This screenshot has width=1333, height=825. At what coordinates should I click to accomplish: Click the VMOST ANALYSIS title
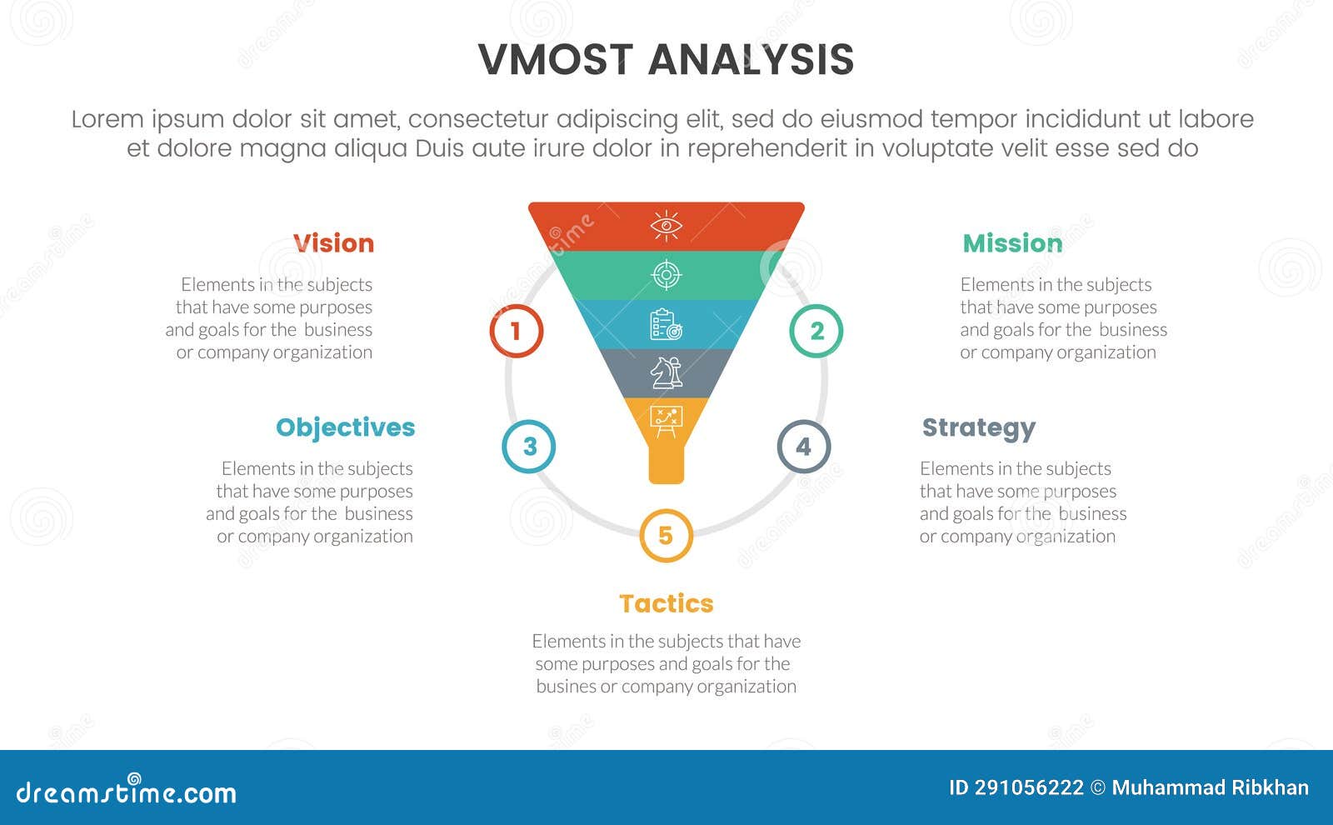pos(666,60)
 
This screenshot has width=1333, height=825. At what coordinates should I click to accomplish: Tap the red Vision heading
pos(333,243)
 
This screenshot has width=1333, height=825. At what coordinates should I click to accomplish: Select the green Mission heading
pos(1012,243)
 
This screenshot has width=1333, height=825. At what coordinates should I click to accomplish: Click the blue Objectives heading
pos(345,427)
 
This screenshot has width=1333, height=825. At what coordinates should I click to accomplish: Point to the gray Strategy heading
pos(978,428)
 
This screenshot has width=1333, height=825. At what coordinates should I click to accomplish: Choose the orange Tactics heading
pos(666,603)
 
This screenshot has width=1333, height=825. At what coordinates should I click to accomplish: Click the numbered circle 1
pos(516,331)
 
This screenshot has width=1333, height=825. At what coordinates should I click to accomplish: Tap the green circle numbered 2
pos(816,331)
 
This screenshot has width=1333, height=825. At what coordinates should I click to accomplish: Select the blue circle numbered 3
pos(529,446)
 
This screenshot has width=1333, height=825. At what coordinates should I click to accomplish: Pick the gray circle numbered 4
pos(803,446)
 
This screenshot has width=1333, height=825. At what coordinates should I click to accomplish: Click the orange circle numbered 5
pos(666,535)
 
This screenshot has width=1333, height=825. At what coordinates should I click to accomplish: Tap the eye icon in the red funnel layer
pos(666,226)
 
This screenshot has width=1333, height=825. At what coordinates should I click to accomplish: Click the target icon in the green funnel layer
pos(666,274)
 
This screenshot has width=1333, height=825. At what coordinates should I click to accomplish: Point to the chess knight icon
pos(666,372)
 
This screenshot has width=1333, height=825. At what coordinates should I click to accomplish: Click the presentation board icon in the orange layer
pos(666,421)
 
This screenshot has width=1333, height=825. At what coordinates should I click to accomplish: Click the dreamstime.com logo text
pos(126,792)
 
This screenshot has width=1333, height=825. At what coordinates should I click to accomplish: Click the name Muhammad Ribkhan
pos(1210,787)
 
